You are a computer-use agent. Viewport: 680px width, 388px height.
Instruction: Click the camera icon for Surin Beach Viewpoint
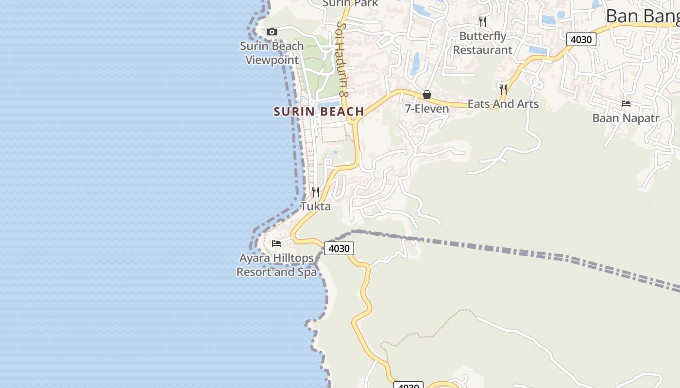point(272,32)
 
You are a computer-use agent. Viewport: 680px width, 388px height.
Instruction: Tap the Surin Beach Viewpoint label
point(272,53)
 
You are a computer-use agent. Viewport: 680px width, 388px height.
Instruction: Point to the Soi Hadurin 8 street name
point(343,58)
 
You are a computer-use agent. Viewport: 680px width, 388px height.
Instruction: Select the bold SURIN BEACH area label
point(319,112)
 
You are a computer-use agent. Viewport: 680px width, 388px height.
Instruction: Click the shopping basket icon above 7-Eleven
point(426,95)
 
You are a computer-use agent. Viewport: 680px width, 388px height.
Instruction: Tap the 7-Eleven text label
point(427,109)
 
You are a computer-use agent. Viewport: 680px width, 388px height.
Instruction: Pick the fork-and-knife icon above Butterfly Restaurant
point(482,22)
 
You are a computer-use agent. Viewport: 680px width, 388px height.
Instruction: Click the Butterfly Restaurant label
point(482,43)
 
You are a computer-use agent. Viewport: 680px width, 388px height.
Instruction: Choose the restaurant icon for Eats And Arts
point(503,89)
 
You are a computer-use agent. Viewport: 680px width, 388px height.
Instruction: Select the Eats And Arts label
point(503,104)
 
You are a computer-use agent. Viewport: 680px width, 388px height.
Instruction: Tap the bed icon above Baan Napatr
point(626,104)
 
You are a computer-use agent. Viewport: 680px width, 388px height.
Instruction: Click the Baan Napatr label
point(626,118)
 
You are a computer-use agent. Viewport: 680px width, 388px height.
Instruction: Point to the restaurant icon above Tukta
point(315,192)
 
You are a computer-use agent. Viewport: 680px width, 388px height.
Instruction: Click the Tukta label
point(315,206)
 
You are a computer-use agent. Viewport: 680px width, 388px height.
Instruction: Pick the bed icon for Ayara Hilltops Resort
point(276,243)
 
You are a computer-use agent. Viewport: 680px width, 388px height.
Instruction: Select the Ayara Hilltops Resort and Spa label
point(276,265)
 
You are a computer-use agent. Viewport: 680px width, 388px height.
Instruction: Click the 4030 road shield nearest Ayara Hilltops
point(339,248)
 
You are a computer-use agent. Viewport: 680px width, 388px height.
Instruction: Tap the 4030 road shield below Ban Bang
point(581,39)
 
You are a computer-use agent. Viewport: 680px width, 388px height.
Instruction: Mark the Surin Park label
point(350,3)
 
